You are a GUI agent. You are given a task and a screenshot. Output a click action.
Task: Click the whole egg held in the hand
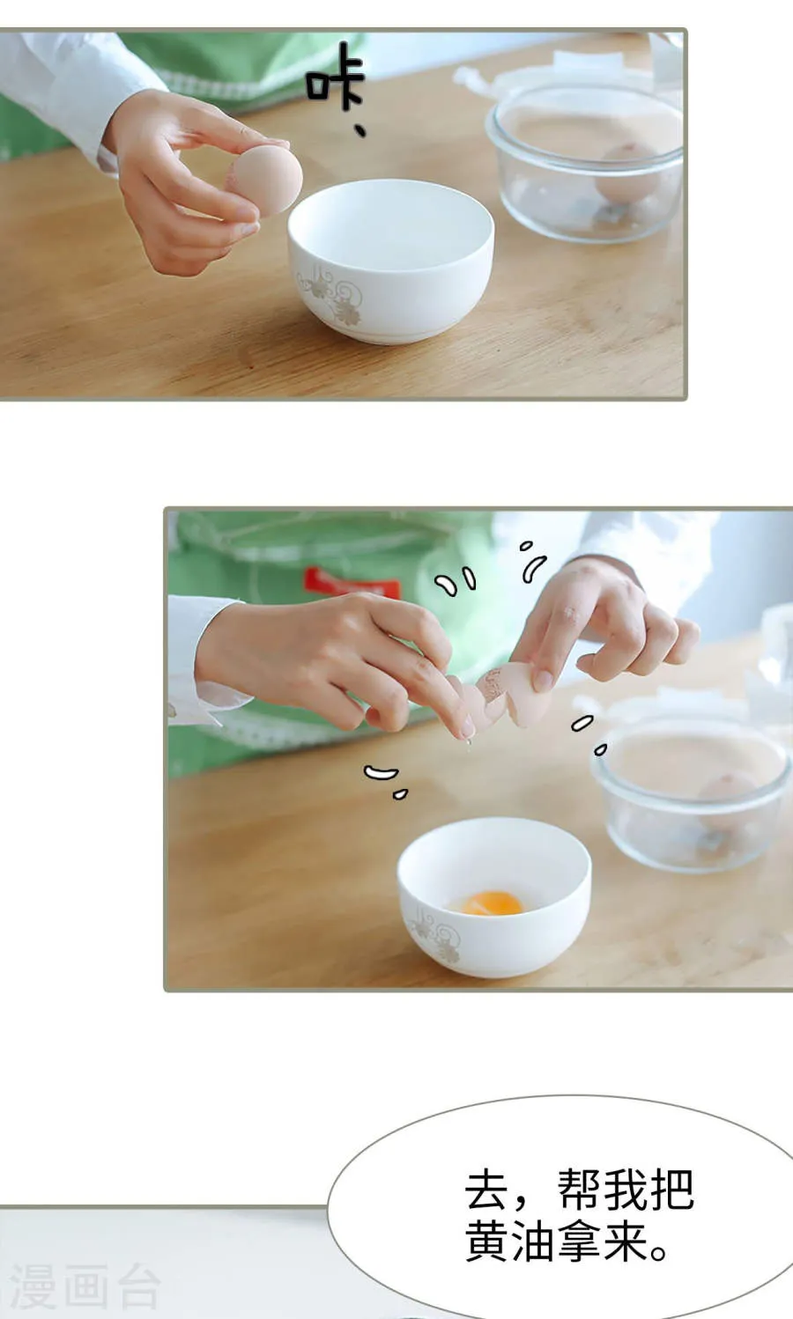(x=266, y=181)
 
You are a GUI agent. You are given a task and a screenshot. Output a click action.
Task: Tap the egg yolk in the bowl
(x=492, y=903)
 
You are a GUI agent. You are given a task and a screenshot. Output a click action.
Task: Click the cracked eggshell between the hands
(x=507, y=696)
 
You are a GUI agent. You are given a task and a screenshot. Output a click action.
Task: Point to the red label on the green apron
(x=351, y=582)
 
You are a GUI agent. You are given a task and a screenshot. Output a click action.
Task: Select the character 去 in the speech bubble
(x=487, y=1190)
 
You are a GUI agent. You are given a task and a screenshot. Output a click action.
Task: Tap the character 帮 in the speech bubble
(x=580, y=1190)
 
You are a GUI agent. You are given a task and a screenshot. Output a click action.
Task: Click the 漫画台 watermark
(x=84, y=1287)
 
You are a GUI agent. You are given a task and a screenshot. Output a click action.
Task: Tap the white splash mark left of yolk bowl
(x=381, y=773)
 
